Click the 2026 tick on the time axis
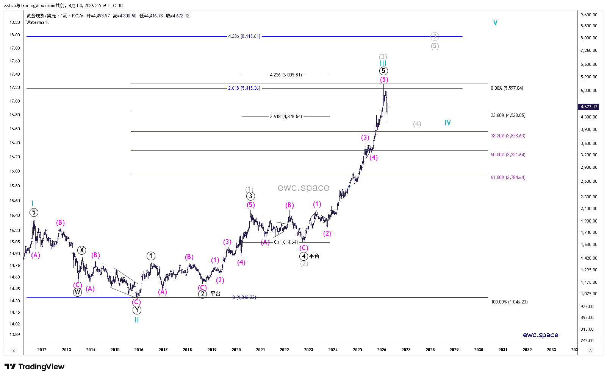[382, 350]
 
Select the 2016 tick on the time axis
[139, 350]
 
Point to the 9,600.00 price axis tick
[589, 15]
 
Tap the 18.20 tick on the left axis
[15, 22]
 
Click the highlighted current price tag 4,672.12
[589, 107]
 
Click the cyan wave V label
[495, 23]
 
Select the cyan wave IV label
[447, 123]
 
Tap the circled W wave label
[77, 292]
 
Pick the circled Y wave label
[137, 310]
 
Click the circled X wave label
[81, 250]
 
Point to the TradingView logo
[34, 367]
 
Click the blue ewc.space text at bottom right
[540, 335]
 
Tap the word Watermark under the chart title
[38, 22]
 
